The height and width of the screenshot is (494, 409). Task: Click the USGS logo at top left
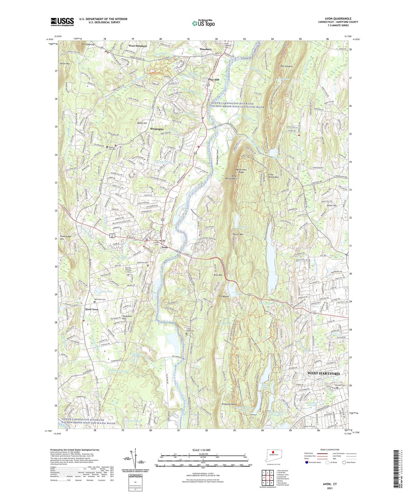(62, 22)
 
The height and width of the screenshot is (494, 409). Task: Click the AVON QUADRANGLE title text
(338, 19)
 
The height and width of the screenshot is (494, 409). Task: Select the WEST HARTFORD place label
(323, 373)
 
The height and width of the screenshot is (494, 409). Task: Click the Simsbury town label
(205, 49)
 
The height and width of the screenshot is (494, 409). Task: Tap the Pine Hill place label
(214, 80)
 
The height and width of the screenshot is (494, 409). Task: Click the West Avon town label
(91, 310)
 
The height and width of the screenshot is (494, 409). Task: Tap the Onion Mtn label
(65, 64)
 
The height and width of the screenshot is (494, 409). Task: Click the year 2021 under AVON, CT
(330, 488)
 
